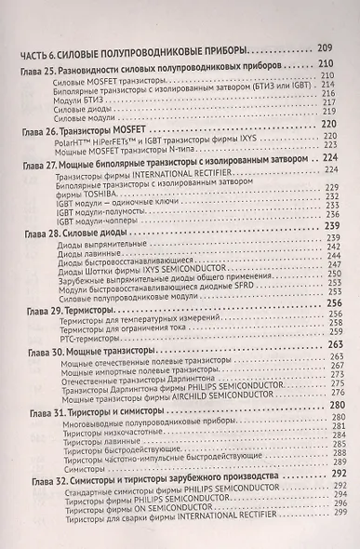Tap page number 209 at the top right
click(324, 47)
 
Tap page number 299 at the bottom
click(339, 541)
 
